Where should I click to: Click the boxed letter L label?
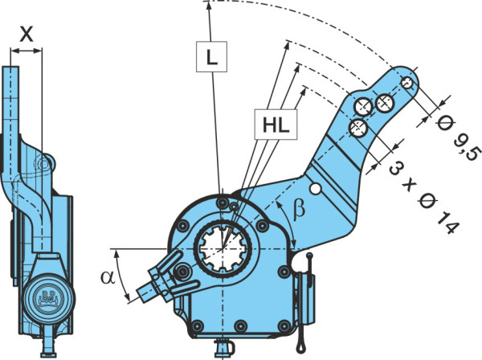pos(211,57)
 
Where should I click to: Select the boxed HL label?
pos(276,125)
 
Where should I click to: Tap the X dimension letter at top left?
pos(27,34)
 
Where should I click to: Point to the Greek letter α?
pos(108,277)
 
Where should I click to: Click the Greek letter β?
pos(299,210)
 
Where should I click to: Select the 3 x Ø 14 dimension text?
pos(423,198)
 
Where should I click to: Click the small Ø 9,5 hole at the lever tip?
pos(408,83)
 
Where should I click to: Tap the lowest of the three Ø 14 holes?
pos(358,129)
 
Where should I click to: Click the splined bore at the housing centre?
pos(223,247)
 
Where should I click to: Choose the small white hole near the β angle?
pos(316,189)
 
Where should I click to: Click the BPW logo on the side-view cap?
pos(47,298)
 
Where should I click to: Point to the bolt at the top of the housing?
pos(222,202)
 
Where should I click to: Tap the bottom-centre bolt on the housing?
pos(240,326)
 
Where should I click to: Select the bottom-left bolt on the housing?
pos(197,326)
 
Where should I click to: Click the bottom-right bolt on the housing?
pos(284,326)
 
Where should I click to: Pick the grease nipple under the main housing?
pos(224,348)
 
